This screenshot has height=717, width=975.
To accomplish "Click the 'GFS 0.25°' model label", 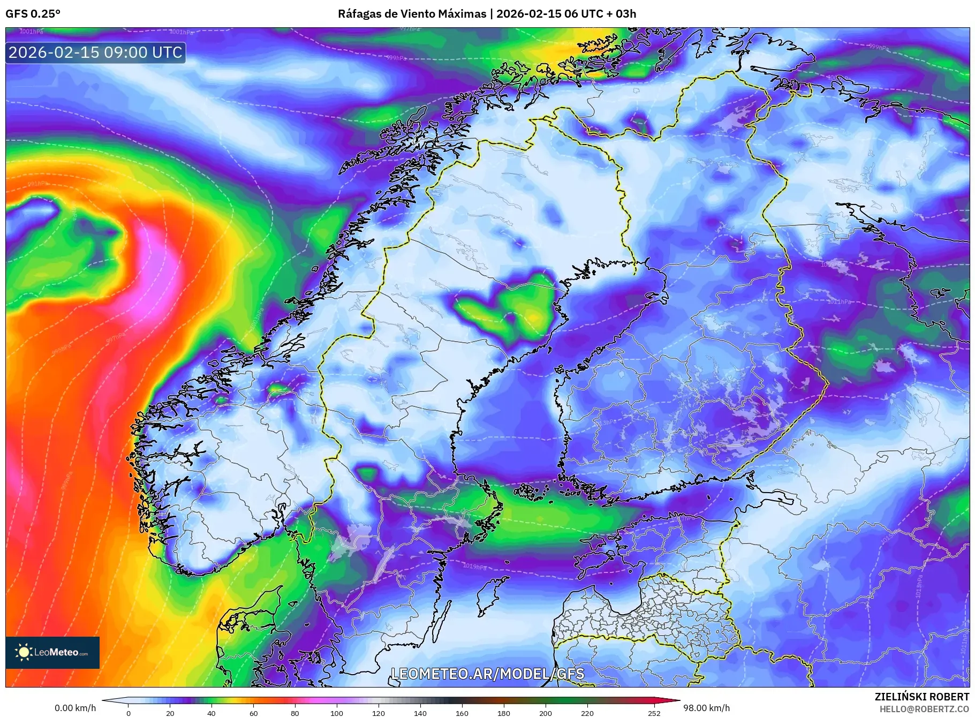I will point(33,14).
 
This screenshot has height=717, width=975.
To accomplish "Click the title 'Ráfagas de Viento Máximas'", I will point(412,14).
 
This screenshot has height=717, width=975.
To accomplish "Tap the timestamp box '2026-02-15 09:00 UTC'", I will point(95,52).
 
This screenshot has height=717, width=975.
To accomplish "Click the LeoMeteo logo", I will point(52,652).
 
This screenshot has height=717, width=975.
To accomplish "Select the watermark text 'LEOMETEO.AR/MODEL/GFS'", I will point(487,674).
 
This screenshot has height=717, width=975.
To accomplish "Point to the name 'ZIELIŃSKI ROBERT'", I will point(921,697).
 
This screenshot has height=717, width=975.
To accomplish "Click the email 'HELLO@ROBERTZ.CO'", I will point(924,709).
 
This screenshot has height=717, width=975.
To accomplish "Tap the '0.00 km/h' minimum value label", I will point(75,708).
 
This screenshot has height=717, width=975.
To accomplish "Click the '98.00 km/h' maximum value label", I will point(706,708).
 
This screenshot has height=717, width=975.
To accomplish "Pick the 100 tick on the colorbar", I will point(337,713).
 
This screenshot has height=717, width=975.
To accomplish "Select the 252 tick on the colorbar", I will point(654,713).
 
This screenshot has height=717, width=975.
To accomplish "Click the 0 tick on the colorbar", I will point(129,713).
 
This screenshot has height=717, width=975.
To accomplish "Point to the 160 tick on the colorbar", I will point(462,713).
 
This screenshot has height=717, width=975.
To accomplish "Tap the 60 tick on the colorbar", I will point(254,713).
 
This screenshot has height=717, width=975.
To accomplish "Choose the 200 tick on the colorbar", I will point(546,713).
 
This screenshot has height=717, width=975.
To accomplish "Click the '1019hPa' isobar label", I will point(475,567).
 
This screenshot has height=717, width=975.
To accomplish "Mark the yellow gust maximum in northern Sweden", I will point(533,317).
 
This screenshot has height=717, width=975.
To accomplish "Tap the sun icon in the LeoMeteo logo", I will point(24,652).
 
